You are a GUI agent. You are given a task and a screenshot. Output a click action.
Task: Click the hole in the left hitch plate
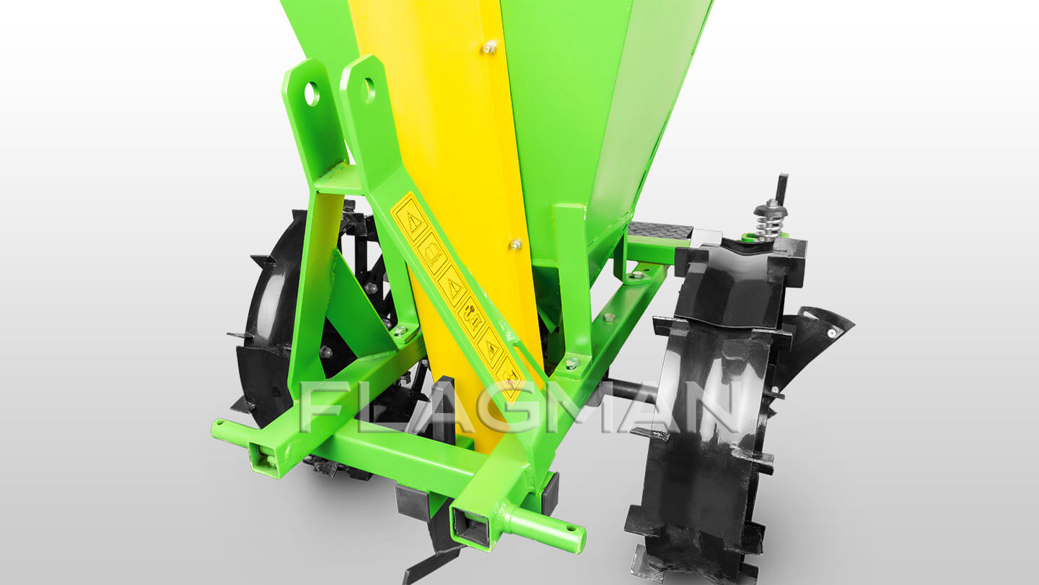coord(312,94)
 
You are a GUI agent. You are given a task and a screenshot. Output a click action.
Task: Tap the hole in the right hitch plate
coord(369,90)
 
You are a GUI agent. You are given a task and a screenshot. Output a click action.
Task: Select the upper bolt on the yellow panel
coord(489,47)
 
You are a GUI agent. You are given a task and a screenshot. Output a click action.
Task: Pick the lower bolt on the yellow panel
coord(515,245)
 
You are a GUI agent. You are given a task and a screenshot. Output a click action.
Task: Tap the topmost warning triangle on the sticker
coord(411,222)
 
